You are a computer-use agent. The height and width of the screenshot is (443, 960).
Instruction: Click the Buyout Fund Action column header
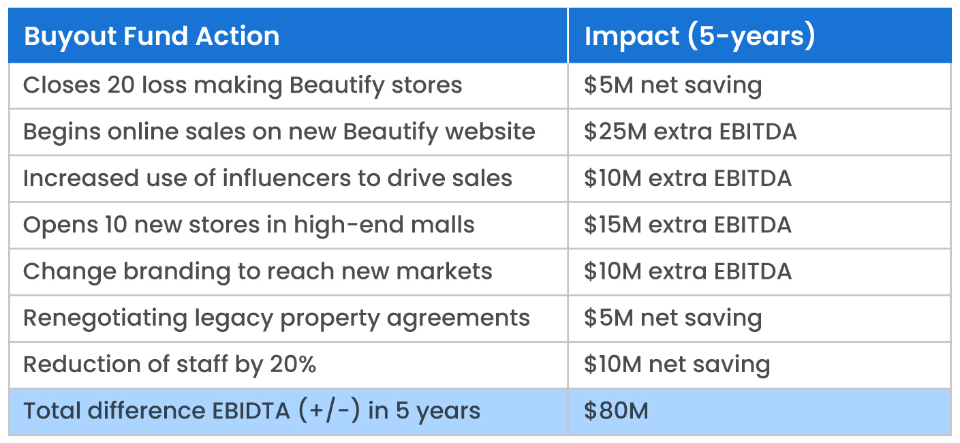click(151, 36)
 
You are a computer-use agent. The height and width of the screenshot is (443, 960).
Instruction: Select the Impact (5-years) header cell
click(699, 36)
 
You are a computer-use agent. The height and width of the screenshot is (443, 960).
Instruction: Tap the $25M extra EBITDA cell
click(690, 132)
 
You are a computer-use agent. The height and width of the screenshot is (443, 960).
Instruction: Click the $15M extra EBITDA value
click(687, 225)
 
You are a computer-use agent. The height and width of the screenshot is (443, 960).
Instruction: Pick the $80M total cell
click(616, 411)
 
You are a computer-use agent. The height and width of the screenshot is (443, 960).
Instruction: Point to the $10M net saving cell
click(677, 365)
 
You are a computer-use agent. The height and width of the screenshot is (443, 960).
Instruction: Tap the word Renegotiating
click(105, 318)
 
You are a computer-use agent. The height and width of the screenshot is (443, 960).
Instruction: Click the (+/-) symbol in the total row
click(329, 411)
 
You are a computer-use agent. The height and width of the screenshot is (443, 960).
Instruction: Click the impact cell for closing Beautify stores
click(672, 85)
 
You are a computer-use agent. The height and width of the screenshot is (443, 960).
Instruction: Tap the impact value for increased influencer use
click(687, 179)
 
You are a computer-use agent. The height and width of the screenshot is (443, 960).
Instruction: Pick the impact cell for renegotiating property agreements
click(672, 318)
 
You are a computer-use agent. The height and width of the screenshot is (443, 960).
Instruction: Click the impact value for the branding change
click(687, 271)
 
